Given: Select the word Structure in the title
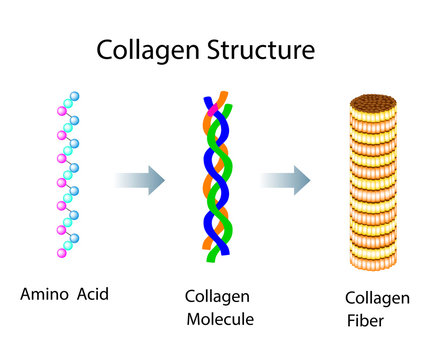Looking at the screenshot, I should (261, 49).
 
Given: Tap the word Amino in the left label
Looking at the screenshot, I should (43, 294).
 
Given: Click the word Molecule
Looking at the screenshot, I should (220, 319).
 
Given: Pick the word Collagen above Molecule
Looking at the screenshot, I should (216, 297).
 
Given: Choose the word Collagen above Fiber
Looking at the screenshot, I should (376, 298).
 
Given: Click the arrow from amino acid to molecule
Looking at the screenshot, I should (139, 180).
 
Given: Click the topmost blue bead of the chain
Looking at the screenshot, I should (74, 96).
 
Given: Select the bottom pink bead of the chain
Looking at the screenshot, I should (62, 254).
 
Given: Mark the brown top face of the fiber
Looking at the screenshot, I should (377, 101).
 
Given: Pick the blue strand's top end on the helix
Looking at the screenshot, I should (209, 102).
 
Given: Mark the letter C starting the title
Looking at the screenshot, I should (105, 49).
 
